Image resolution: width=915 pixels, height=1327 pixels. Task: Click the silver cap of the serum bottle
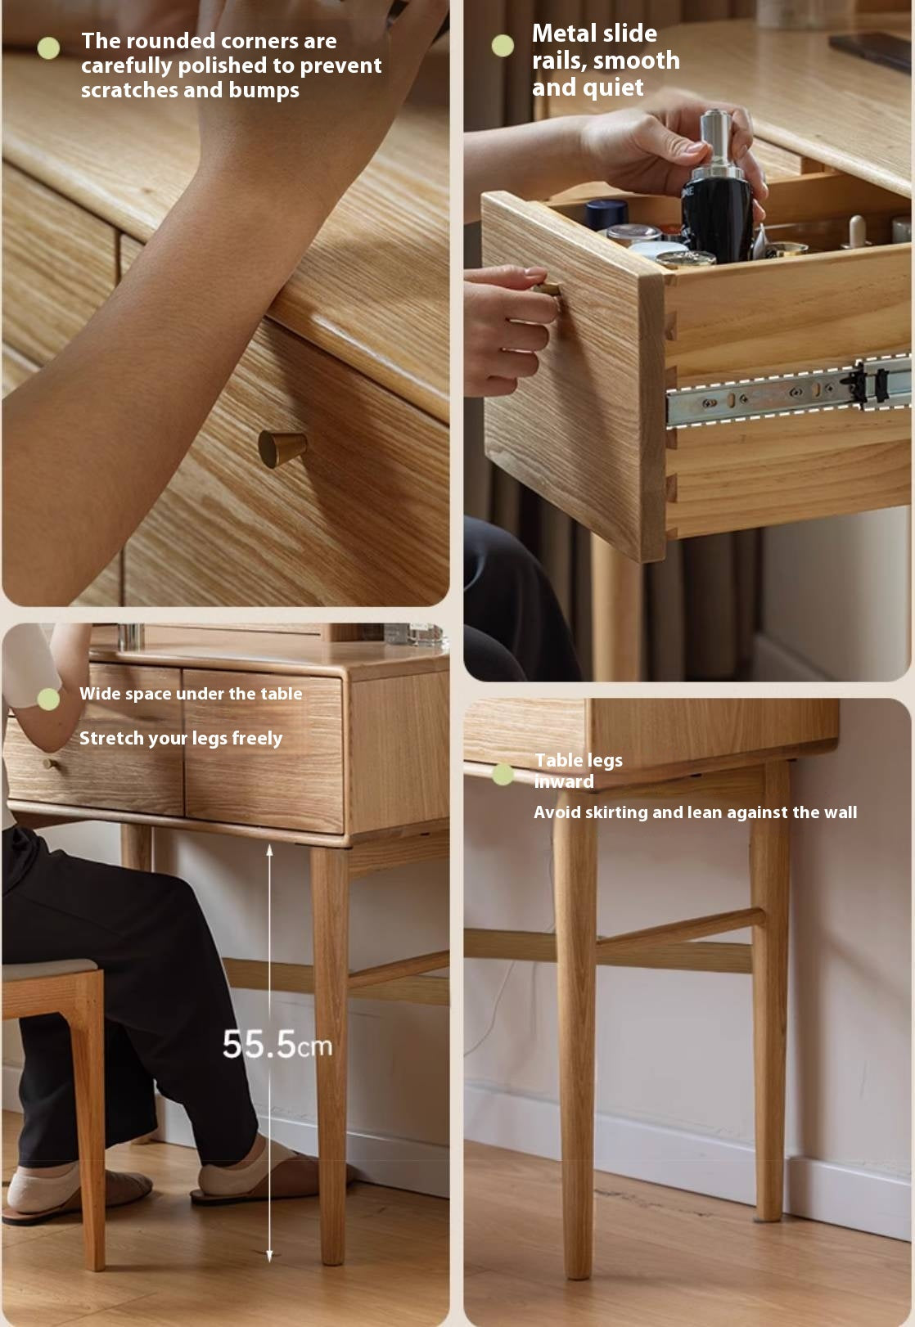(x=715, y=135)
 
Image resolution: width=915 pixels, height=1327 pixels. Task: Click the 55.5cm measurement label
(x=277, y=1045)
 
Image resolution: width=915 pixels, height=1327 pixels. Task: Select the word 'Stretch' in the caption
(x=111, y=738)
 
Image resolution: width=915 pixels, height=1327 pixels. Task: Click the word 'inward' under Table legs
(x=564, y=781)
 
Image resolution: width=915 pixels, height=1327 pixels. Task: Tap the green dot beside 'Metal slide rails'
(x=503, y=46)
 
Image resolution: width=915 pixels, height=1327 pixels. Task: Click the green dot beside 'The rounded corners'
(x=49, y=48)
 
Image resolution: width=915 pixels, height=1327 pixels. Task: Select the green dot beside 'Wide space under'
(x=48, y=699)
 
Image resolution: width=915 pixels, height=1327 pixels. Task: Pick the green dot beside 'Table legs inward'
(x=503, y=774)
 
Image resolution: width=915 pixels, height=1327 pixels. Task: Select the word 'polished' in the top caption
(x=218, y=65)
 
